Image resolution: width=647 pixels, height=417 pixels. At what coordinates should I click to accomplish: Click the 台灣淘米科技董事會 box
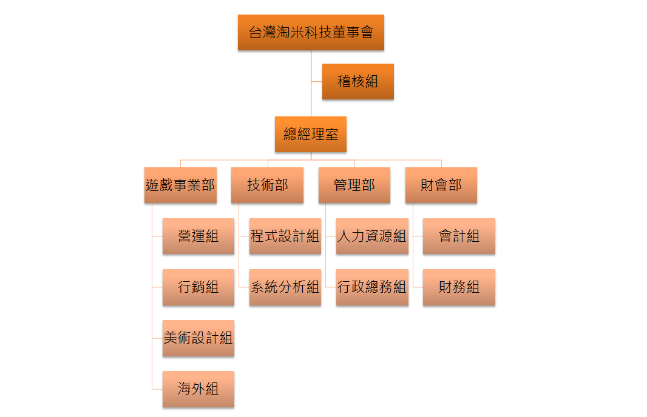311,32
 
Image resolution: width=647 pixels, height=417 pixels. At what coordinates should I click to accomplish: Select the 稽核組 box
357,81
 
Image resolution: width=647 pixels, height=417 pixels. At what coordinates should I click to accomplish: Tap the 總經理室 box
311,134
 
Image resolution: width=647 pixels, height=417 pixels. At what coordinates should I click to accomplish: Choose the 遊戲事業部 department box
180,185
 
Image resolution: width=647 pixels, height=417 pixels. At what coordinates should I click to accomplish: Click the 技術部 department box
267,185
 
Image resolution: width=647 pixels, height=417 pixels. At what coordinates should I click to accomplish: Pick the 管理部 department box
354,185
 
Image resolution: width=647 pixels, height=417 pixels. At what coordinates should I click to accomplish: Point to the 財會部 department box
441,185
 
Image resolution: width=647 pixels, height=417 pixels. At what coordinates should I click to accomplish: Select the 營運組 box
198,236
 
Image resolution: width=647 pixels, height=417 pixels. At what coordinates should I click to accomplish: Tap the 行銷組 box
198,287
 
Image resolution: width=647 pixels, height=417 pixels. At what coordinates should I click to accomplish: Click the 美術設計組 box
198,338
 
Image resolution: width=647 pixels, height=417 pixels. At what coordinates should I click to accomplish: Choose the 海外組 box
198,389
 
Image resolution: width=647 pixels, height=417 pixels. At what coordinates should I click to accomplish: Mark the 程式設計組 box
285,236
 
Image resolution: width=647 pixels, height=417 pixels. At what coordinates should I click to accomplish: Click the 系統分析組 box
285,287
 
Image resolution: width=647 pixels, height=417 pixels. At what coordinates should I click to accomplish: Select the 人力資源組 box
371,236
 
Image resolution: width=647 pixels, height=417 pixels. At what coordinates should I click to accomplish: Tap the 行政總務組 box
371,287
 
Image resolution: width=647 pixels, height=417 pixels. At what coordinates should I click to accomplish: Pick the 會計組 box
459,236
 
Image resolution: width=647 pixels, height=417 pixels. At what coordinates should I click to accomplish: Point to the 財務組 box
459,287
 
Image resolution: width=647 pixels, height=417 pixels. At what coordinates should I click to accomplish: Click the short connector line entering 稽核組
316,81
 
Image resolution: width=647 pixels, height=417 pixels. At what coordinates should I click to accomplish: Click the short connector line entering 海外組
157,389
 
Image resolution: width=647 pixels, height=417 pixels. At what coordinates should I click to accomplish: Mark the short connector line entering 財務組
418,287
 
